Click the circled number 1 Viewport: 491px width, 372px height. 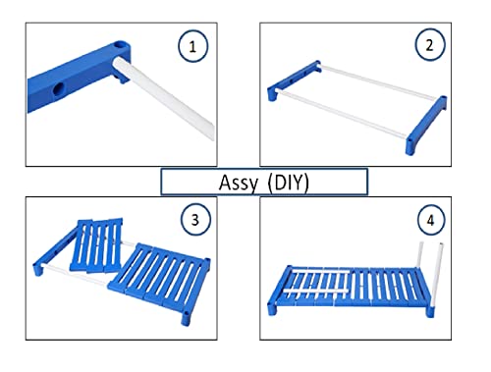pos(192,46)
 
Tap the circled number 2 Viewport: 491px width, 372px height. pos(430,45)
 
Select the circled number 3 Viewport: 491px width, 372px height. pos(195,220)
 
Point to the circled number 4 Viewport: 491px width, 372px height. pos(431,220)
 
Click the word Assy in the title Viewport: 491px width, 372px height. pos(239,183)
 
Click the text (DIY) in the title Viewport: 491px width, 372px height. pos(288,183)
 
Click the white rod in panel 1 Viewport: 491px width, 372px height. pos(164,97)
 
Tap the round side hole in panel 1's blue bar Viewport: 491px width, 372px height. pos(59,89)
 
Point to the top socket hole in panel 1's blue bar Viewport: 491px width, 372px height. pos(121,44)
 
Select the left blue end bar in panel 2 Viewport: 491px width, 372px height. pos(294,80)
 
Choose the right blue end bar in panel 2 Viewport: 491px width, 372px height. pos(425,125)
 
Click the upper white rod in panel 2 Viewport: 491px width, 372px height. pos(377,81)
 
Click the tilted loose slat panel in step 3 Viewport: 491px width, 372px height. pos(97,245)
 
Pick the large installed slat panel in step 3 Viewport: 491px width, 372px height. pos(160,276)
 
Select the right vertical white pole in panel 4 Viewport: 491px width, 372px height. pos(438,275)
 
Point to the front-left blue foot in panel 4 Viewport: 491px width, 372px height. pos(272,309)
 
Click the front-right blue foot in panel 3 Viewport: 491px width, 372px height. pos(186,318)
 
